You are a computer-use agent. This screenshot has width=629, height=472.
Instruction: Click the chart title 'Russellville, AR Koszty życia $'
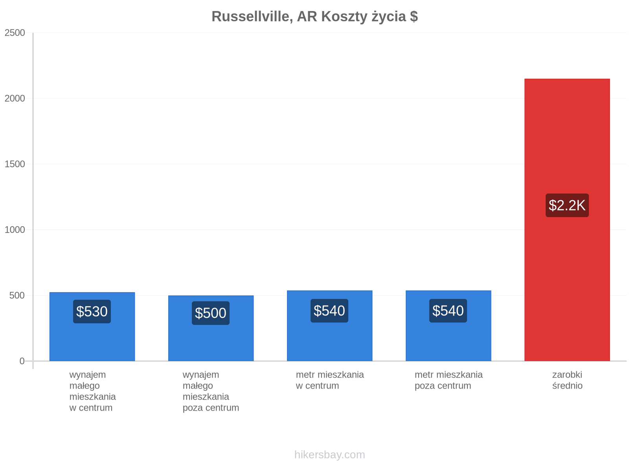[x=314, y=17]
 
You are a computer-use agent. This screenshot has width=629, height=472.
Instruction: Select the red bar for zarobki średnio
[x=567, y=219]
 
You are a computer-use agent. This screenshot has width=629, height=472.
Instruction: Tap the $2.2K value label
[x=567, y=205]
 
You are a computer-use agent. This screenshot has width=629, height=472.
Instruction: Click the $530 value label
[x=92, y=312]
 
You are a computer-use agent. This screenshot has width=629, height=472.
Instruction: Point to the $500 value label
[x=211, y=313]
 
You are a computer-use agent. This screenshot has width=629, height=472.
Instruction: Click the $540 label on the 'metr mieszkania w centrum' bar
[x=329, y=311]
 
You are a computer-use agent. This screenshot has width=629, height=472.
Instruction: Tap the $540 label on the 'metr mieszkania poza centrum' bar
[x=448, y=311]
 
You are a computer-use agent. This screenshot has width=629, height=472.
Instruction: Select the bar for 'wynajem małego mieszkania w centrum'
[x=92, y=326]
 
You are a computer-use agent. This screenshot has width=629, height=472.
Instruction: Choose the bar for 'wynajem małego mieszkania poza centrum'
[x=211, y=328]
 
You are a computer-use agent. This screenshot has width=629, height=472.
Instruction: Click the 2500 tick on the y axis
[x=15, y=33]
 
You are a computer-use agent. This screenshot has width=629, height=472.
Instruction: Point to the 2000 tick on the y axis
[x=15, y=98]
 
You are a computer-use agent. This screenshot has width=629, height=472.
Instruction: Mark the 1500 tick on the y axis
[x=15, y=164]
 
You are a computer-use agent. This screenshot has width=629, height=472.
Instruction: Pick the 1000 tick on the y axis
[x=15, y=230]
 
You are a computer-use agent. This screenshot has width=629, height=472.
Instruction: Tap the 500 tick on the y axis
[x=17, y=295]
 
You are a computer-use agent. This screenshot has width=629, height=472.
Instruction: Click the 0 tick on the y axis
[x=22, y=361]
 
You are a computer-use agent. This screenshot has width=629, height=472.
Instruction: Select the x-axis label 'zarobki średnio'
[x=567, y=380]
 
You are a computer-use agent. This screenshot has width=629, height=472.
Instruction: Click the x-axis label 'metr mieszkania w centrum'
[x=329, y=380]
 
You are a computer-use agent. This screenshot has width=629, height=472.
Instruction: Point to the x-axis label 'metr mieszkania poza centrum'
[x=449, y=380]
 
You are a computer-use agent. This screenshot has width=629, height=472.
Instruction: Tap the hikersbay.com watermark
[x=329, y=455]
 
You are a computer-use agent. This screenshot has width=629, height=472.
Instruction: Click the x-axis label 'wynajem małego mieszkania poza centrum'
[x=211, y=391]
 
